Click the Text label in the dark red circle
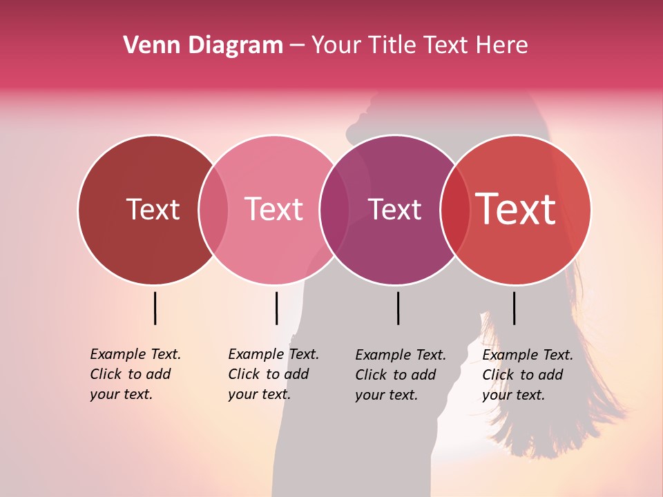pos(153,209)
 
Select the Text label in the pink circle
pos(274,209)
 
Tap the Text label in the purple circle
pos(394,209)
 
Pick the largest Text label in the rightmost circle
pos(516,209)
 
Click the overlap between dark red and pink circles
pos(213,210)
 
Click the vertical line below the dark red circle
pos(155,308)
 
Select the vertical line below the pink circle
pos(276,308)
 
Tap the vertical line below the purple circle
pos(398,308)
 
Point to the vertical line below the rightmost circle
pos(514,308)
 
